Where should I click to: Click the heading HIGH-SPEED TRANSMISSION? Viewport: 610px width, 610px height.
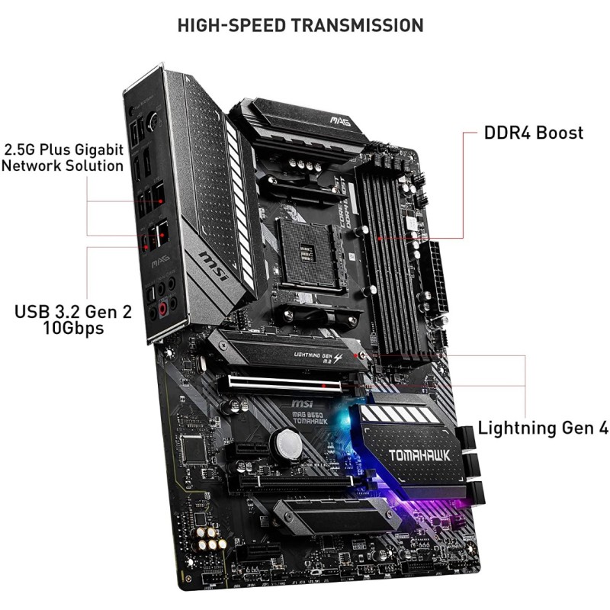point(300,24)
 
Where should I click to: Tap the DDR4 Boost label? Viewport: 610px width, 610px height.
point(534,133)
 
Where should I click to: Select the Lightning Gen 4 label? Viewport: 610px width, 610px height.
point(543,428)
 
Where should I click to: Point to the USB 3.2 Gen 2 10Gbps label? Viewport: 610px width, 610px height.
point(59,319)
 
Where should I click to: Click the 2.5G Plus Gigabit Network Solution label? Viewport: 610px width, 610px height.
point(63,156)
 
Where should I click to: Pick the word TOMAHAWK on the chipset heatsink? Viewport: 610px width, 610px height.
point(419,455)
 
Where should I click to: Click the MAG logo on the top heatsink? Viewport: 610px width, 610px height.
point(339,120)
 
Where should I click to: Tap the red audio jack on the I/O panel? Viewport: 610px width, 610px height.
point(162,309)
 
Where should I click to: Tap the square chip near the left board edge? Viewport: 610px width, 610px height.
point(195,450)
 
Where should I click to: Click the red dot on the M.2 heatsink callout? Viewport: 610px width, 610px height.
point(362,355)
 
